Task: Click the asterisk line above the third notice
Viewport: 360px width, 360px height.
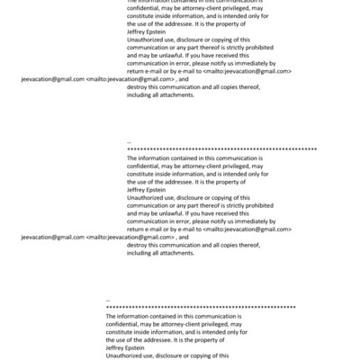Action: click(x=201, y=309)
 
